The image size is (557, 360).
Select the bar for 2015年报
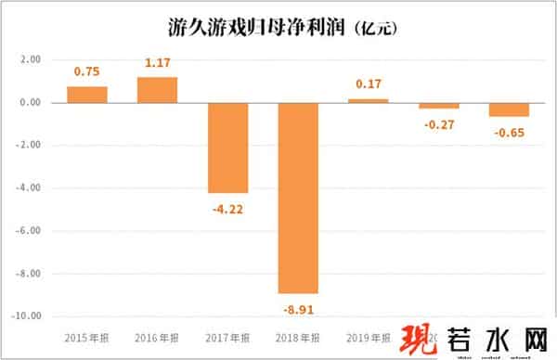pos(87,95)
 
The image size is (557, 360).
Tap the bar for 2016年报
pos(157,90)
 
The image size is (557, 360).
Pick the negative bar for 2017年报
pos(227,148)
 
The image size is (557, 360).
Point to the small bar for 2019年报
pos(369,100)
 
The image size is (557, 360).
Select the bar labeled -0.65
pos(509,109)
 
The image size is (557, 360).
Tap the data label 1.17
pos(157,64)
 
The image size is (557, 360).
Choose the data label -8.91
pos(298,306)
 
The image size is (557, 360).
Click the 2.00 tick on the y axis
pos(31,59)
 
